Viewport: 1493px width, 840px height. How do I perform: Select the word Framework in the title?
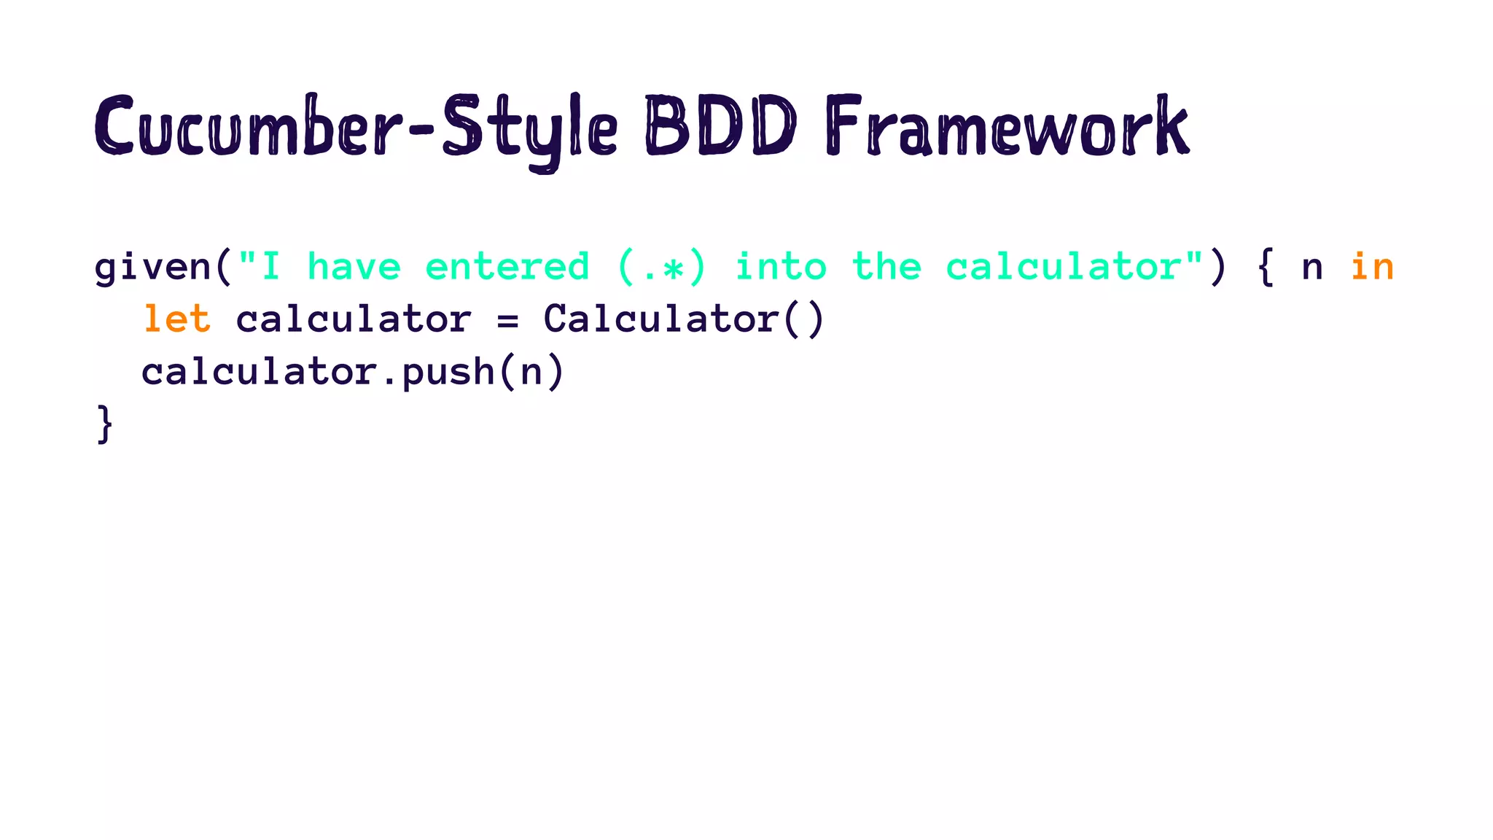click(1007, 128)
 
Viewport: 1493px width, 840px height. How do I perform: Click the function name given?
click(152, 267)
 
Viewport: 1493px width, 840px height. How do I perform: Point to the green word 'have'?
click(354, 267)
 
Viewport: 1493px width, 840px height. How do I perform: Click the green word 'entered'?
click(507, 267)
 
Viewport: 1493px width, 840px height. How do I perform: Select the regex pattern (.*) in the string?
click(662, 267)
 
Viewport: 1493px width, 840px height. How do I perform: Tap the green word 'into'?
click(781, 267)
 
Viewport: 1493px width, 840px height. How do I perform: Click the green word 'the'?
click(887, 267)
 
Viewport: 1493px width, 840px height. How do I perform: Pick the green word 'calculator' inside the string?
click(1063, 267)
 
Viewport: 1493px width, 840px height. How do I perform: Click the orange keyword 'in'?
click(1372, 267)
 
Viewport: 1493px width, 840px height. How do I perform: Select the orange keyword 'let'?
click(176, 319)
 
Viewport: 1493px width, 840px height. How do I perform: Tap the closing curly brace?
click(105, 424)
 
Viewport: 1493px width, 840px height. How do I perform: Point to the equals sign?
click(507, 320)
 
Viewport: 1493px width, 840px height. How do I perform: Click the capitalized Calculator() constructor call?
click(684, 319)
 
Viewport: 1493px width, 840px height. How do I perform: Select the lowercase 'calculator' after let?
click(354, 319)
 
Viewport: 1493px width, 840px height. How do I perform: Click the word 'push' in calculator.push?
click(448, 372)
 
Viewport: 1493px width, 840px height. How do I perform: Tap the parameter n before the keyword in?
click(1312, 268)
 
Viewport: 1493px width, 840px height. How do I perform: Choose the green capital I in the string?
click(270, 267)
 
